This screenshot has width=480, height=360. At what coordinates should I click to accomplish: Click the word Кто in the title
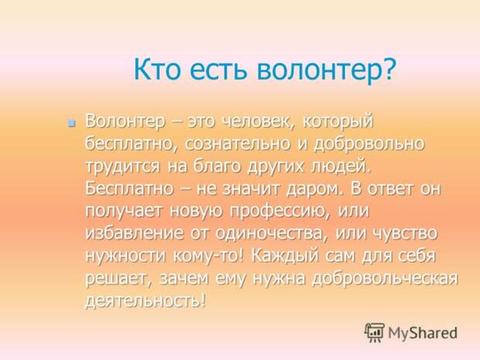point(157,69)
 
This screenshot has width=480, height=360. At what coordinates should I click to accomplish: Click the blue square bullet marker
point(72,123)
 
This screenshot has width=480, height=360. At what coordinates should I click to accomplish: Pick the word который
point(338,122)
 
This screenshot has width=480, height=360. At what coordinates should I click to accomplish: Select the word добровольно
point(369,143)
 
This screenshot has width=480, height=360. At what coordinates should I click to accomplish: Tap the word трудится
point(122,166)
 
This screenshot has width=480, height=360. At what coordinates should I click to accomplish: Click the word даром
point(314,189)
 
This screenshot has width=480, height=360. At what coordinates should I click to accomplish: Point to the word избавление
point(135,233)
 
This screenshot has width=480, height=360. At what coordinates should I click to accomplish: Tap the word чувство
point(406,234)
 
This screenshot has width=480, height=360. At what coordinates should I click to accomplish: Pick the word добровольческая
point(385,279)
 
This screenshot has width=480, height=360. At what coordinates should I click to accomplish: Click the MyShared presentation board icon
point(375,332)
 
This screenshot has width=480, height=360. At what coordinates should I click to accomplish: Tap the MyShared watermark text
point(423,333)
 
